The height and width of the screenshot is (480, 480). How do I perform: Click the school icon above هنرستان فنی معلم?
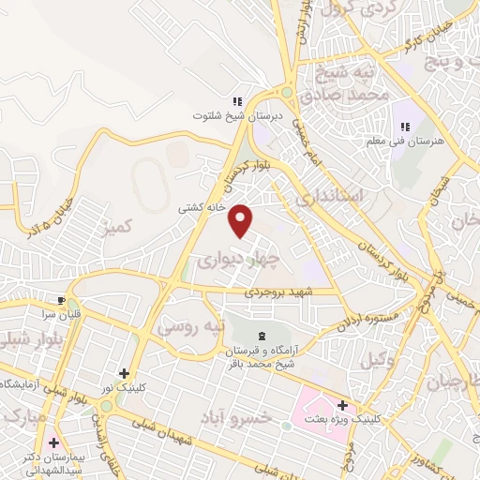point(406,127)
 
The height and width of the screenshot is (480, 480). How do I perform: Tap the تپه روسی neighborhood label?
point(192,328)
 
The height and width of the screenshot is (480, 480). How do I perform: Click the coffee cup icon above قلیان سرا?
point(62,301)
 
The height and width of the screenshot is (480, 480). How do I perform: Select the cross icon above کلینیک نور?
point(124,373)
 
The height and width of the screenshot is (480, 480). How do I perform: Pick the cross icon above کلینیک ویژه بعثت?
point(343,405)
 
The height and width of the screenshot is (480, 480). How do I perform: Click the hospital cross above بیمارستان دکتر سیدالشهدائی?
point(54,442)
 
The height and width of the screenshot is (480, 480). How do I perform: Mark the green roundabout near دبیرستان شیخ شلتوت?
point(286,93)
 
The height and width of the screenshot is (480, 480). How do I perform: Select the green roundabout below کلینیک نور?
point(106,406)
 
